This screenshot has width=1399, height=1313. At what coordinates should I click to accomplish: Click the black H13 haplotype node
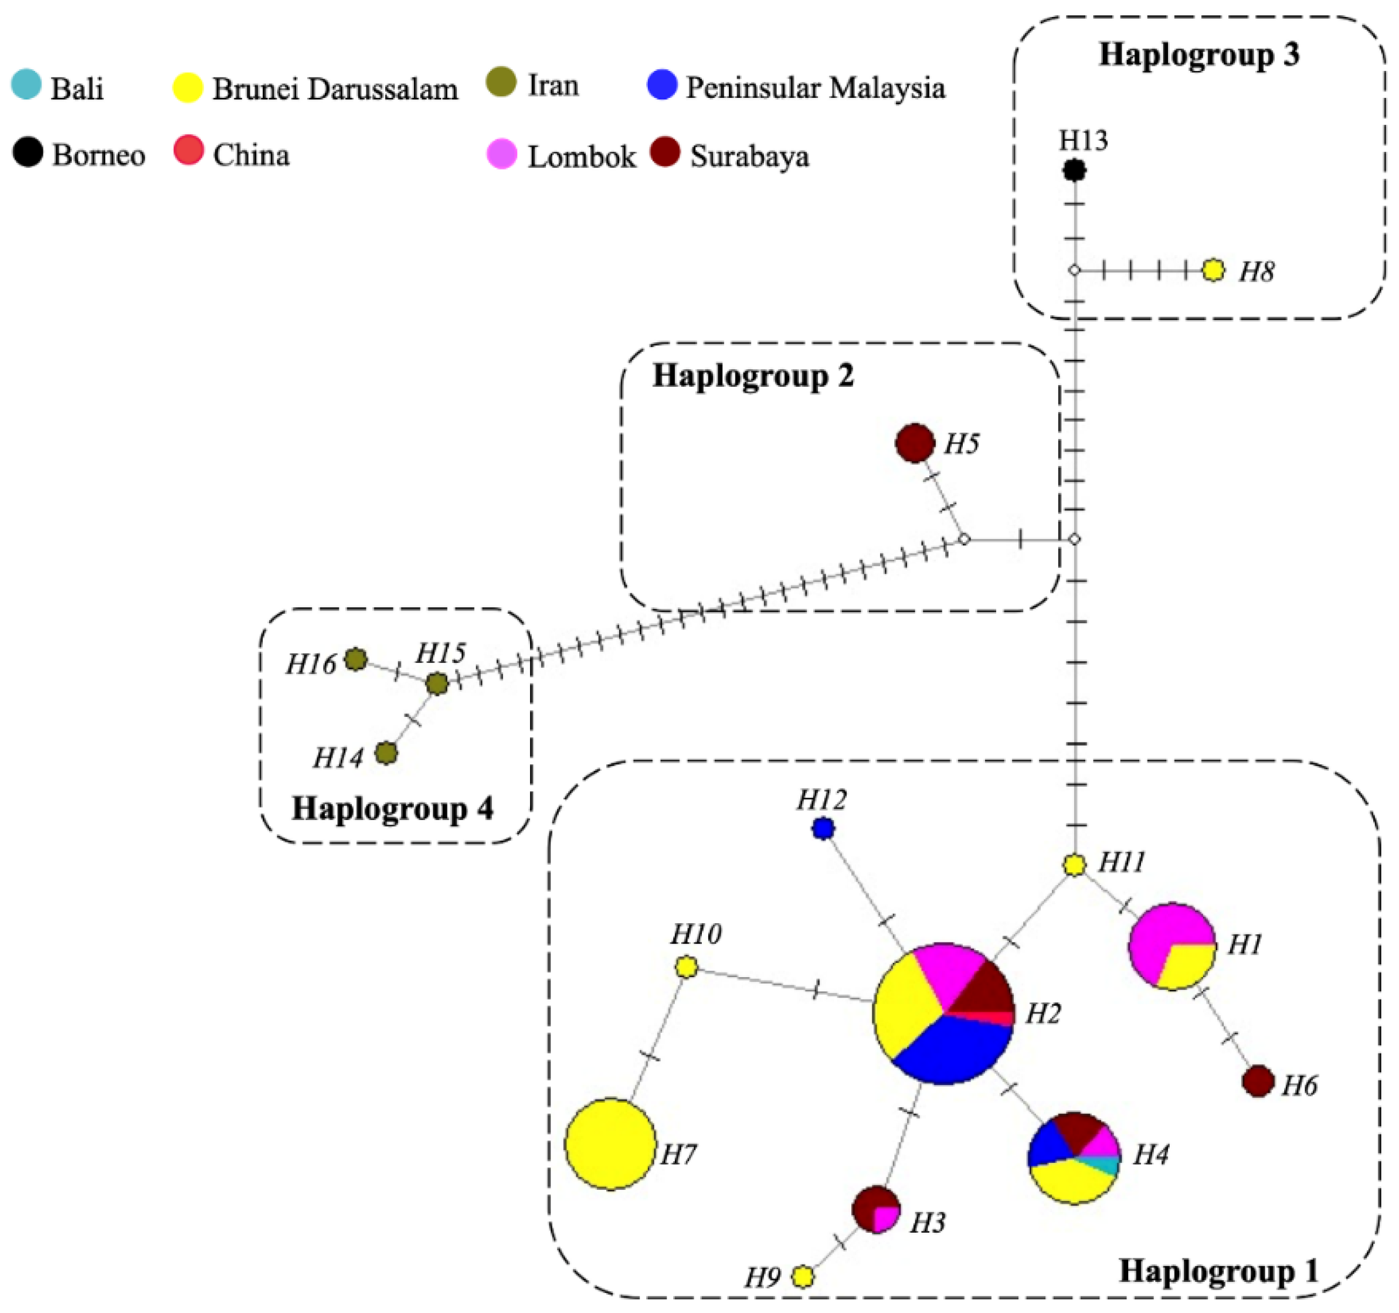(x=1074, y=171)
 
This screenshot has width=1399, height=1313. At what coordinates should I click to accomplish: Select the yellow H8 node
(x=1213, y=270)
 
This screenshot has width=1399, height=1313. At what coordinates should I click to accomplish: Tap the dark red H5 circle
(x=914, y=443)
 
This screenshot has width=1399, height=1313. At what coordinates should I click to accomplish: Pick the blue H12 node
(x=823, y=828)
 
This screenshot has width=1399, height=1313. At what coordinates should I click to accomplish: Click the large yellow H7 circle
(x=610, y=1144)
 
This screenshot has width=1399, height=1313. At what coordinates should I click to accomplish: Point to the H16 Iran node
(x=356, y=659)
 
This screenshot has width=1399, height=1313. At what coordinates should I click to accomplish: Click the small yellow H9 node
(x=802, y=1277)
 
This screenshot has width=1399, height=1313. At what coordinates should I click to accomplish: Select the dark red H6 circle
(x=1258, y=1081)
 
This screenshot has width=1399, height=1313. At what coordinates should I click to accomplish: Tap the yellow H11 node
(x=1074, y=865)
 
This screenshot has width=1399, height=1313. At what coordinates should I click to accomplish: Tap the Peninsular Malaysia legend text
(x=815, y=88)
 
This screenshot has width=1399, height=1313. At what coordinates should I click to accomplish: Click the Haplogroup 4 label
(x=392, y=808)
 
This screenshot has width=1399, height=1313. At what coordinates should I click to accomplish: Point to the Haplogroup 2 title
(x=753, y=376)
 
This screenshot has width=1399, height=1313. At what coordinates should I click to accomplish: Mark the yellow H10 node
(x=686, y=967)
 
